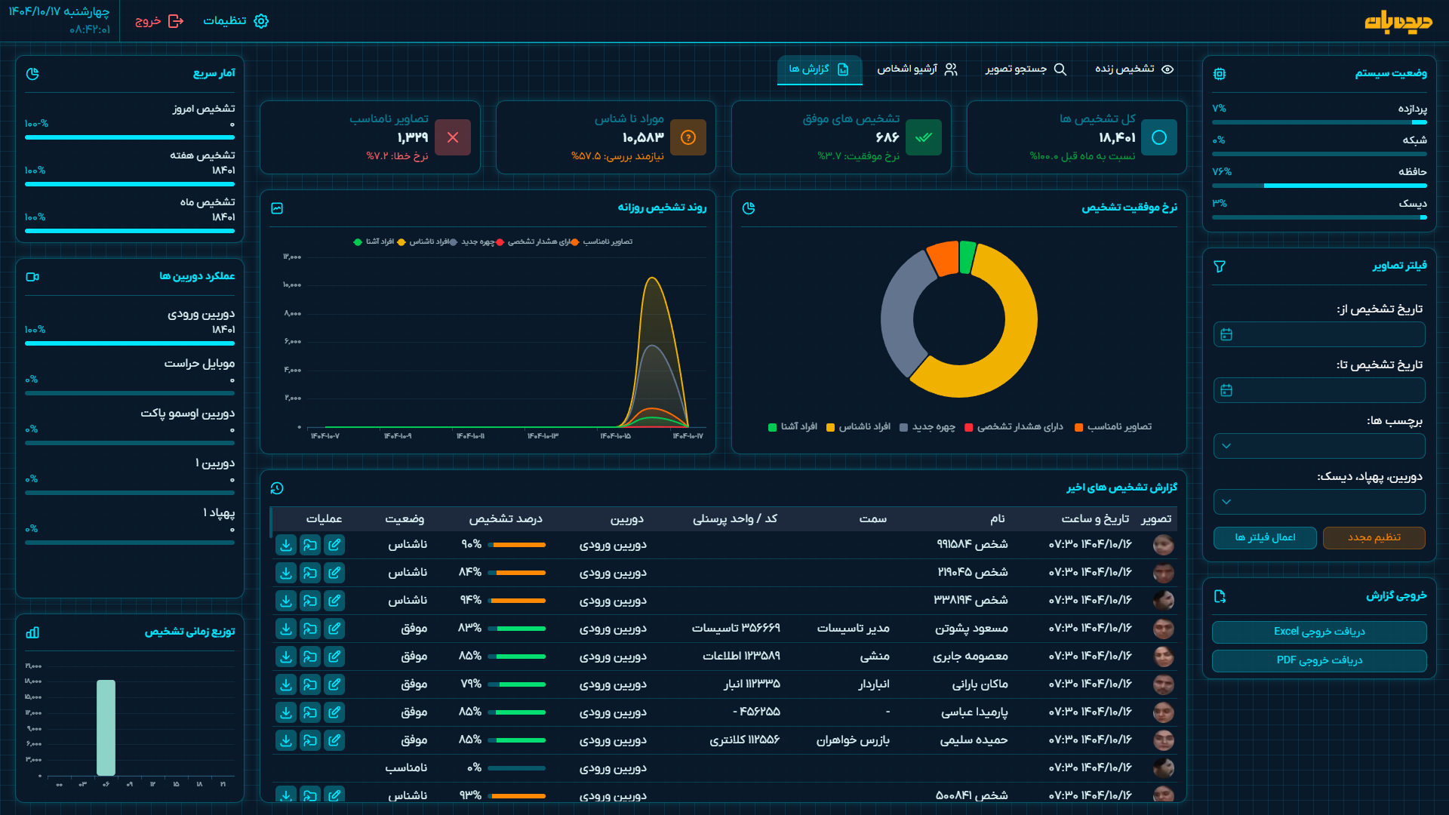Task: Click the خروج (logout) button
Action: coord(159,21)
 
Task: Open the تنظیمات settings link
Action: coord(235,21)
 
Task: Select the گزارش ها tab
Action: coord(819,69)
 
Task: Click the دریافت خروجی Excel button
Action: coord(1318,632)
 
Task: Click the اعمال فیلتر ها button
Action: coord(1265,537)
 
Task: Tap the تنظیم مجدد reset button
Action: coord(1374,537)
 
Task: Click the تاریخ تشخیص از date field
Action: coord(1318,334)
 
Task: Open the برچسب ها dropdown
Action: coord(1318,446)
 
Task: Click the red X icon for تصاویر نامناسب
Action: coord(453,137)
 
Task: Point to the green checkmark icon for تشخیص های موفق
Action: coord(924,137)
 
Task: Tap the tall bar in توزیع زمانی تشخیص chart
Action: coord(106,727)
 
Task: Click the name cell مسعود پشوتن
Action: coord(971,629)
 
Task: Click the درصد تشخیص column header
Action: coord(505,518)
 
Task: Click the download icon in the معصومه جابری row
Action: coord(286,657)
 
